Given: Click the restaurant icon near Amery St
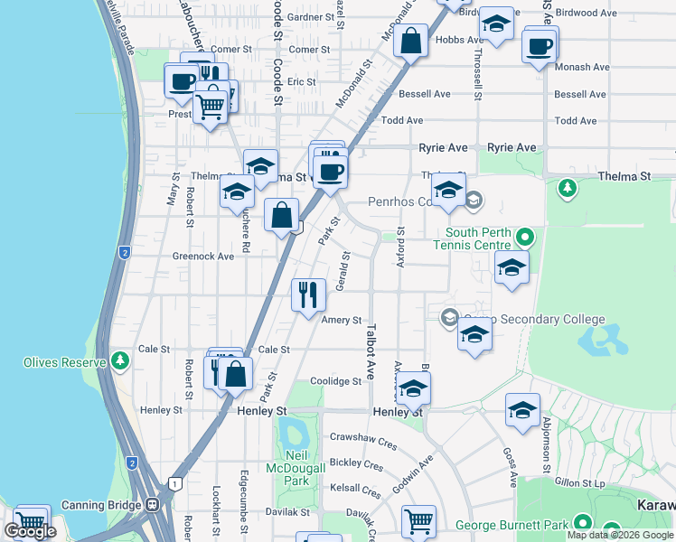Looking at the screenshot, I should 308,294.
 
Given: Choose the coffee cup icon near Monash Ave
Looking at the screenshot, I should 539,45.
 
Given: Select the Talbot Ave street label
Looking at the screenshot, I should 370,352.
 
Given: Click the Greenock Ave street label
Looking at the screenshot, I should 203,257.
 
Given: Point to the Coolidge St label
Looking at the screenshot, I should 335,381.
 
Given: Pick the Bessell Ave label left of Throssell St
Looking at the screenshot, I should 427,94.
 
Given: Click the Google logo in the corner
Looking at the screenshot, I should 30,531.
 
